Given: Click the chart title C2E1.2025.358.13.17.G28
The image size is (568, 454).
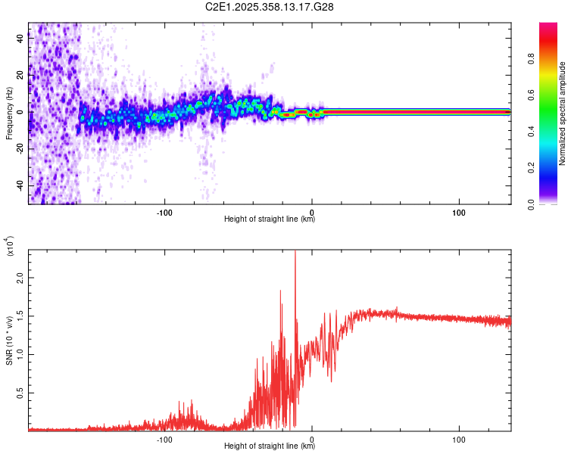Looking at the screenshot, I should (x=270, y=7).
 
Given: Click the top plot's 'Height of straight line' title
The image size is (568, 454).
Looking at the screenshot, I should (x=270, y=219).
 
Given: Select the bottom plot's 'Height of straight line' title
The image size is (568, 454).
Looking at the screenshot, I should (x=270, y=446).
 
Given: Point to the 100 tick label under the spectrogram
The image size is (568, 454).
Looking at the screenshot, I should (x=458, y=212).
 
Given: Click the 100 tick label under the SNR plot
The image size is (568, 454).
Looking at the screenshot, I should (x=458, y=439).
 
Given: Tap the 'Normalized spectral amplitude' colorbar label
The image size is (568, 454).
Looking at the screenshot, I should (x=562, y=113).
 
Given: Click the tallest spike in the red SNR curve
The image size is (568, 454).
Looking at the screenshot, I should (x=295, y=254).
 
